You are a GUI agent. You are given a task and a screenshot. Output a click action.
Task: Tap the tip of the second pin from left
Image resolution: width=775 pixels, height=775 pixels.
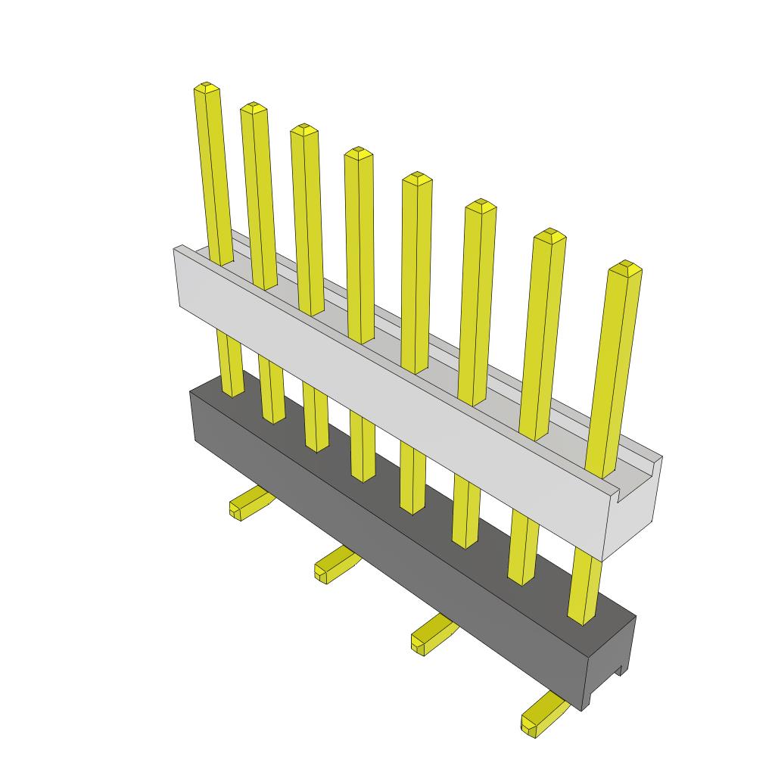[x=253, y=108]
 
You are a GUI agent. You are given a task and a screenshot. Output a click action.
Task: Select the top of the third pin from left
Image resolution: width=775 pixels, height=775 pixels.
[x=303, y=129]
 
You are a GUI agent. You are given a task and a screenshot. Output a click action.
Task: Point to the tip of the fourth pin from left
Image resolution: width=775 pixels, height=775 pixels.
[x=358, y=153]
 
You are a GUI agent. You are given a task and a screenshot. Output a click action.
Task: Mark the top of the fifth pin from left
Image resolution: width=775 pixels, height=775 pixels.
[x=417, y=179]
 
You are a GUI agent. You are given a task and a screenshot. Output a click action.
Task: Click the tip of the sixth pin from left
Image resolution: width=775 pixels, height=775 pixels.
[x=481, y=205]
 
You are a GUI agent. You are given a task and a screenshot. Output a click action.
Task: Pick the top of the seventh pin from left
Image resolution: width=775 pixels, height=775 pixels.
[x=550, y=235]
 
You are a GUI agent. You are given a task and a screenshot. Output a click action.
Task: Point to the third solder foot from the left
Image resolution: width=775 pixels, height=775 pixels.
[x=429, y=635]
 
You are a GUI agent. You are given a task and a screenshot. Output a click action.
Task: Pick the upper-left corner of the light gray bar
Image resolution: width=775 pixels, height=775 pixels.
[x=176, y=248]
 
